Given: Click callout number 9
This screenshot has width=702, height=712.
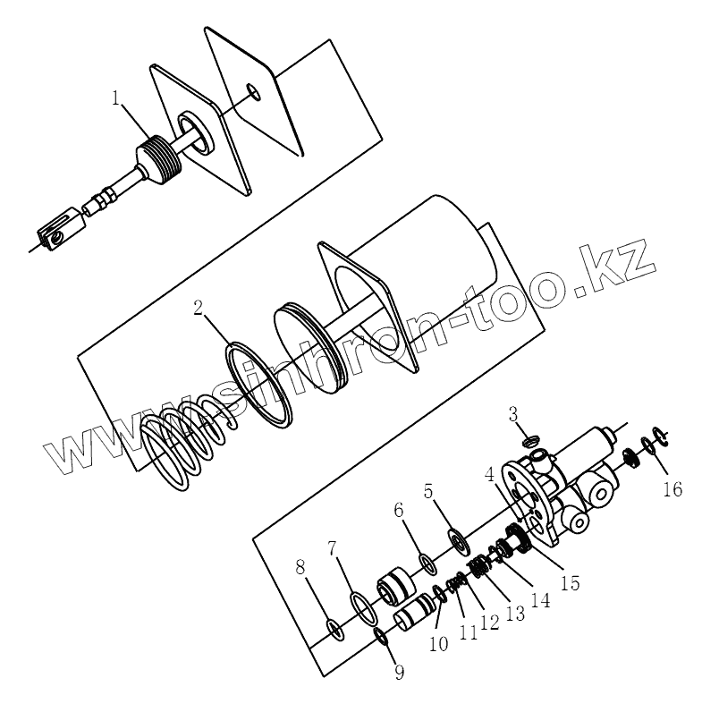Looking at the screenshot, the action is click(399, 673).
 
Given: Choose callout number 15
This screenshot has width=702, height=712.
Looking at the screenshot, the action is click(569, 582).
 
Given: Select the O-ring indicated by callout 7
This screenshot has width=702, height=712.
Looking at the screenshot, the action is click(361, 608).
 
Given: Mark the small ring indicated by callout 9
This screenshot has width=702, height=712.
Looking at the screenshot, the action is click(380, 636).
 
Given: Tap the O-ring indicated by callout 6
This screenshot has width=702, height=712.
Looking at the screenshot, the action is click(427, 564).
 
